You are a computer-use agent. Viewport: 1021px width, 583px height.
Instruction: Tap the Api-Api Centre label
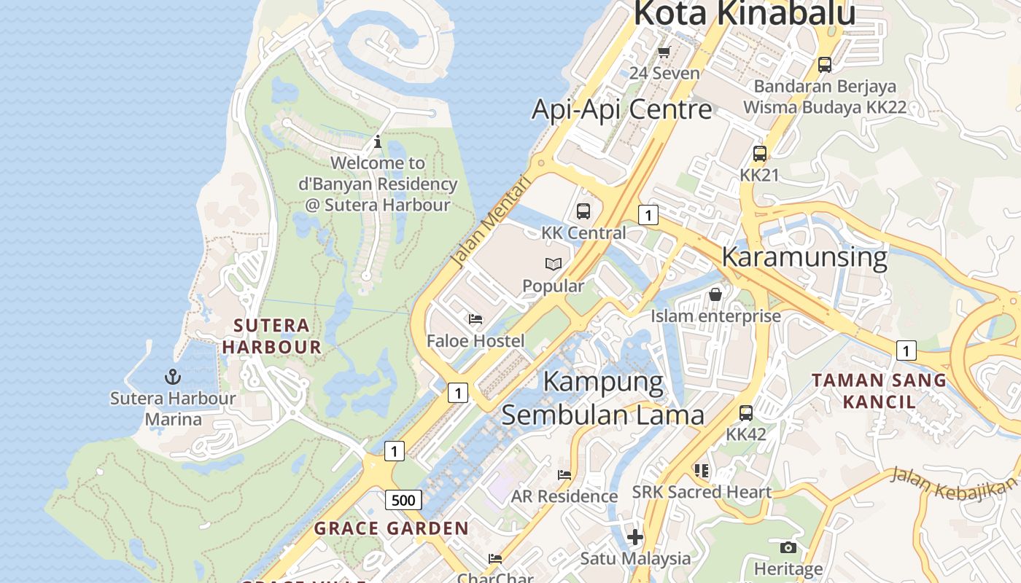(x=621, y=109)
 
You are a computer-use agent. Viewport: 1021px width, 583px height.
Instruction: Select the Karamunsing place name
(x=804, y=257)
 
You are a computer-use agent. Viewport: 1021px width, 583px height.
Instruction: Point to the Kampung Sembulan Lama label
(x=603, y=398)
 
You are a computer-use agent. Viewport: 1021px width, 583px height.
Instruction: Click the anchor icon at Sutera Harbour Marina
(x=173, y=377)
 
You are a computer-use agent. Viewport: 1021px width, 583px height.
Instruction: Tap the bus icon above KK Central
(x=583, y=211)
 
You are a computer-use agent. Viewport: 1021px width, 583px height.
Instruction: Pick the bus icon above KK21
(x=760, y=154)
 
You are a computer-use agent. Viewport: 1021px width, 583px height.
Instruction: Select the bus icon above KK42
(x=746, y=413)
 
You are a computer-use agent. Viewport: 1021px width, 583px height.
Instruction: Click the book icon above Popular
(x=554, y=264)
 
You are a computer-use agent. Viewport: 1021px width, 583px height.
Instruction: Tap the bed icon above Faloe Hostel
(x=475, y=318)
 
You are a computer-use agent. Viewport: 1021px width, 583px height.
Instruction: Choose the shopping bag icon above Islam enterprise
(x=715, y=294)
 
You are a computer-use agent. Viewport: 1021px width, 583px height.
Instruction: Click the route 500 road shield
(x=403, y=500)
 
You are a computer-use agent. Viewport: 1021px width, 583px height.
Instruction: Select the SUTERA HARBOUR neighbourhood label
(x=272, y=336)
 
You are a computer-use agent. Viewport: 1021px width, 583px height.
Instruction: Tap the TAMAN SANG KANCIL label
(x=879, y=391)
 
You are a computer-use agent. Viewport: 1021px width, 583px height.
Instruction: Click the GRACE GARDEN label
(x=392, y=528)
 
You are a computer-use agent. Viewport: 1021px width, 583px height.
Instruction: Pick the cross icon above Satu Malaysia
(x=635, y=537)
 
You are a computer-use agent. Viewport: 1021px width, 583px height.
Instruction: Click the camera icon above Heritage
(x=788, y=547)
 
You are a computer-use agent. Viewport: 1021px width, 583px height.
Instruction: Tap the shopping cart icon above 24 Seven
(x=664, y=52)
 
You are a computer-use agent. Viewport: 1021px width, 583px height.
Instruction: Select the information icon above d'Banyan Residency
(x=378, y=141)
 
